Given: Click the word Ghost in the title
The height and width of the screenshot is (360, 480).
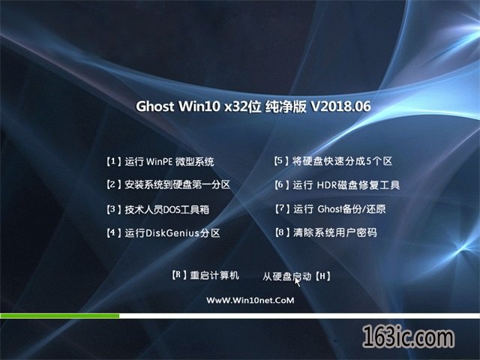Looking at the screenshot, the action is pyautogui.click(x=155, y=106).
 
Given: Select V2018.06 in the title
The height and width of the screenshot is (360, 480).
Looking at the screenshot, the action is pyautogui.click(x=341, y=106).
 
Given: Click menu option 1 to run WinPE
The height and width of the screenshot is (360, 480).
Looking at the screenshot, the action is pyautogui.click(x=160, y=161).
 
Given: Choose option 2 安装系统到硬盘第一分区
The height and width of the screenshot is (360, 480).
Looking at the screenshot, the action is pyautogui.click(x=168, y=184).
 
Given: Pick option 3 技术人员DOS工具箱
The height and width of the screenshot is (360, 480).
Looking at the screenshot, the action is pyautogui.click(x=158, y=209).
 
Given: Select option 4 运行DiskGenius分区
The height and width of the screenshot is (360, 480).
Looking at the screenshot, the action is pyautogui.click(x=163, y=233).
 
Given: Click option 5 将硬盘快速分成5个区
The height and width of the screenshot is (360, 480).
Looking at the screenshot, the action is pyautogui.click(x=333, y=161).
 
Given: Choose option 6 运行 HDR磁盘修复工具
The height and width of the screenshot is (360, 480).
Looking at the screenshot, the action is pyautogui.click(x=337, y=185).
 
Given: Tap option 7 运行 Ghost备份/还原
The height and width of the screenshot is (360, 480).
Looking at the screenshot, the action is pyautogui.click(x=330, y=209).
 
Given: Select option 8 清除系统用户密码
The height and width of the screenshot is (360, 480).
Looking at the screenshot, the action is pyautogui.click(x=325, y=232).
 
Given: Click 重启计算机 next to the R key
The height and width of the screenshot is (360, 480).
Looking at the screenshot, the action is pyautogui.click(x=214, y=275).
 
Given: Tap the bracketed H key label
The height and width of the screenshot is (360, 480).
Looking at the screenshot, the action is pyautogui.click(x=322, y=277).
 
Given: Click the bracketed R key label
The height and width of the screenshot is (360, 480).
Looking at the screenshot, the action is pyautogui.click(x=179, y=275).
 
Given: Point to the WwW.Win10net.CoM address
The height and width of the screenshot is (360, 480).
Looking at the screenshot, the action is pyautogui.click(x=250, y=300).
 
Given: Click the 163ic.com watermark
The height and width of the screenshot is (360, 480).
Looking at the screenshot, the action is pyautogui.click(x=408, y=337).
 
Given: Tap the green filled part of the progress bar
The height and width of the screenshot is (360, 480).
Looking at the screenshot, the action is pyautogui.click(x=60, y=316).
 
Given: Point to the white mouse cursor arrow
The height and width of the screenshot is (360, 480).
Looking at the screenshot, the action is pyautogui.click(x=297, y=281).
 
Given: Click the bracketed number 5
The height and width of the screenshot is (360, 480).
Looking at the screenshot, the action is pyautogui.click(x=281, y=161).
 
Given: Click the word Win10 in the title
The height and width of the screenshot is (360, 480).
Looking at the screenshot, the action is pyautogui.click(x=199, y=106).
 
